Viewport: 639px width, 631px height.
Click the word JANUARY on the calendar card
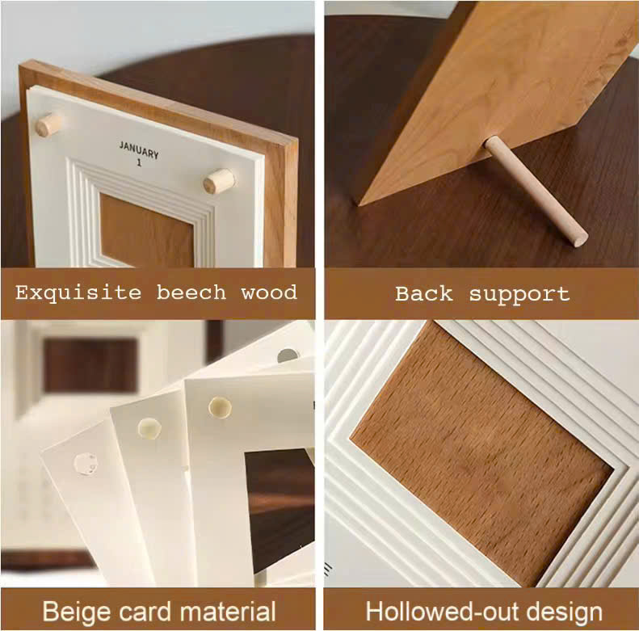(139, 149)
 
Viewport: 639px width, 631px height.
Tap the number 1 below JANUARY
(139, 162)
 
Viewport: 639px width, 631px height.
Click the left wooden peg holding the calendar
(49, 124)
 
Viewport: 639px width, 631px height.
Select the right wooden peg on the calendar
(219, 181)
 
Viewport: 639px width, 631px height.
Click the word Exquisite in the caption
(78, 293)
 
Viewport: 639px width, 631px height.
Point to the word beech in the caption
(191, 292)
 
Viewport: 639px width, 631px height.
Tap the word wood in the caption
(269, 293)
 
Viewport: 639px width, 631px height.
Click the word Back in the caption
(424, 293)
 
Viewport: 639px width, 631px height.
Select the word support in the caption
(519, 295)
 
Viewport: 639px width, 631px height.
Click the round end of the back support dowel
(579, 238)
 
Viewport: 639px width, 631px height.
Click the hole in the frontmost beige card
(220, 407)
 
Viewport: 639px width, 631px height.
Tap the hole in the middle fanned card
(149, 428)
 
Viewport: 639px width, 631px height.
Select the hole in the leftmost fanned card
(86, 464)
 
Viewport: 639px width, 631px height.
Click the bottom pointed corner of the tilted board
(359, 204)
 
